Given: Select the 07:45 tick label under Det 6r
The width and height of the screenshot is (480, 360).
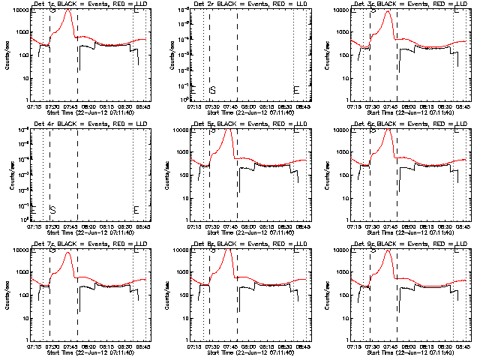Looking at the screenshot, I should pyautogui.click(x=390, y=227).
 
